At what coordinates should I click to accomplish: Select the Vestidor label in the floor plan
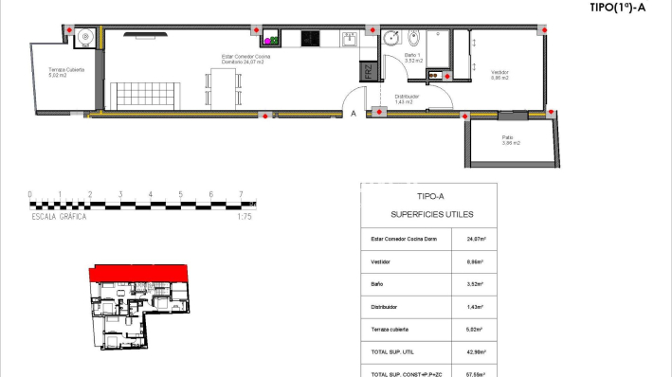(x=499, y=75)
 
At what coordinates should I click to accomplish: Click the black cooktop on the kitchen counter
(x=310, y=40)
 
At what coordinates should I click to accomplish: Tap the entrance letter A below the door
(x=354, y=114)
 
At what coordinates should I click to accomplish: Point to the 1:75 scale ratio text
(x=244, y=216)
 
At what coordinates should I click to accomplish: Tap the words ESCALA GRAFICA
(x=59, y=216)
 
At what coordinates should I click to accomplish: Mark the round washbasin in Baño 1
(x=393, y=40)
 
